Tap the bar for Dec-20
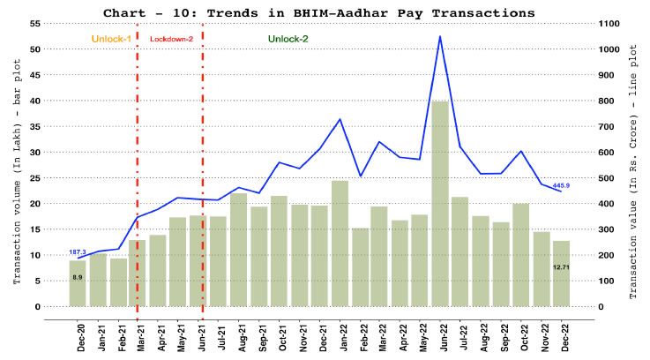click(78, 283)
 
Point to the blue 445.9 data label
click(561, 185)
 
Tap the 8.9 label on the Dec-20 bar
click(78, 277)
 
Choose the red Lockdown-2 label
click(170, 40)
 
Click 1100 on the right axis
click(611, 23)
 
